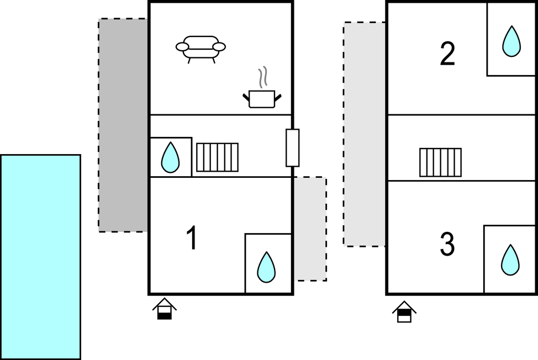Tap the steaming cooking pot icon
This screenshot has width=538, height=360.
(262, 98)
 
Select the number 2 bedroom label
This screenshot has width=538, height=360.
(447, 54)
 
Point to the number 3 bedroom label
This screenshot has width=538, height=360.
(447, 245)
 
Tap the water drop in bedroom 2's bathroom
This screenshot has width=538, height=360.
(511, 41)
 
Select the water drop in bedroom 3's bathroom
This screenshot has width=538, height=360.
(509, 260)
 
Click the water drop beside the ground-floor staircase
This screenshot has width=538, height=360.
(170, 157)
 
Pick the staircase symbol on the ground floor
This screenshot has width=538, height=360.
(217, 157)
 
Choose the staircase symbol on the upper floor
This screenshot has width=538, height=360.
(440, 162)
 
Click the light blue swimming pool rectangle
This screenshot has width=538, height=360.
(40, 257)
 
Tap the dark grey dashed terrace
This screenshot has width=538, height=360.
(123, 125)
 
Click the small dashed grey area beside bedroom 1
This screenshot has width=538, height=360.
(309, 229)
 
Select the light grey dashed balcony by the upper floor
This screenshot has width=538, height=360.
(365, 134)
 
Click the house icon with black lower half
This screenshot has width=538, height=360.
(165, 309)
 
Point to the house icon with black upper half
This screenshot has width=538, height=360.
(405, 312)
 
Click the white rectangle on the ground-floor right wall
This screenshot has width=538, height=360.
(292, 147)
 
